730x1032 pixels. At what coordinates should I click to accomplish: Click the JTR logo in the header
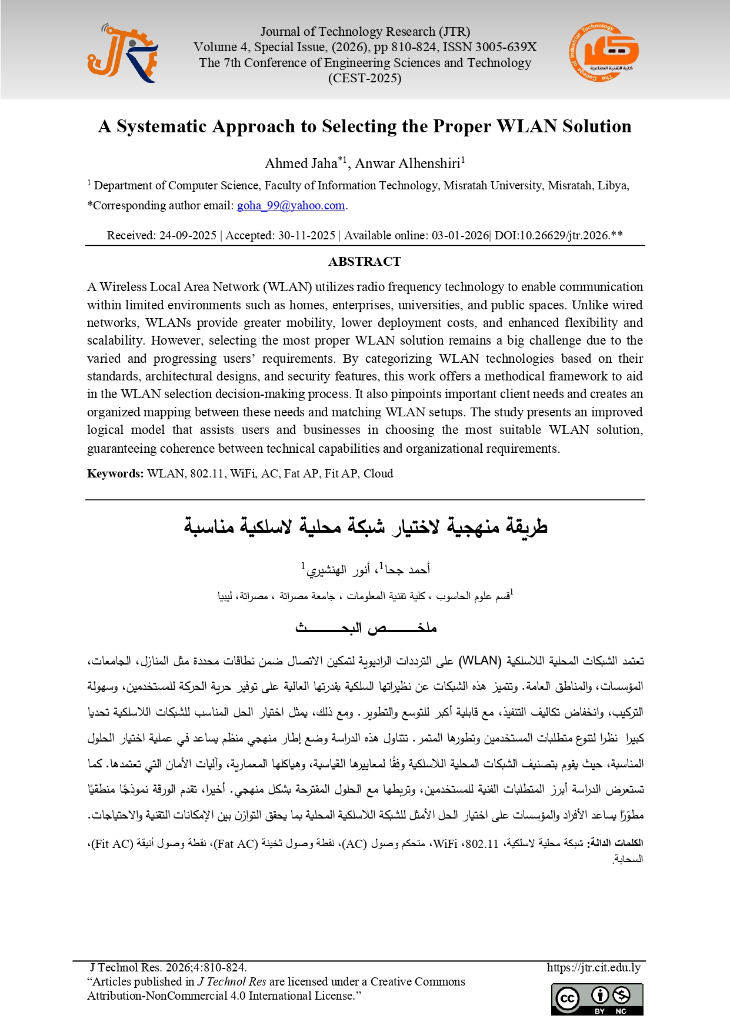[122, 54]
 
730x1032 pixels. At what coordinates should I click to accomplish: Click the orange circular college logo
[604, 53]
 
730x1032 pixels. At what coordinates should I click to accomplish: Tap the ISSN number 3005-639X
[505, 47]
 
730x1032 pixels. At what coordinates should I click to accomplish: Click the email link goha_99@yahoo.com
[291, 205]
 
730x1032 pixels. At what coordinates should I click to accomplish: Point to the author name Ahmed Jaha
[301, 163]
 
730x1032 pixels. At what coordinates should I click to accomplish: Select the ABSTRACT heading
[365, 261]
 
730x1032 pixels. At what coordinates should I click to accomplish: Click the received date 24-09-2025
[188, 235]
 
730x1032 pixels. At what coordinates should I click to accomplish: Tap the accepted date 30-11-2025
[306, 235]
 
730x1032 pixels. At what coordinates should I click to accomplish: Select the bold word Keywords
[115, 473]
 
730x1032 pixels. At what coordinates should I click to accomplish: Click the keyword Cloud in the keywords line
[378, 473]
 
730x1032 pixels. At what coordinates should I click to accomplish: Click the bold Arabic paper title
[365, 525]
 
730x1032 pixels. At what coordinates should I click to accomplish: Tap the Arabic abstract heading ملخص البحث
[365, 628]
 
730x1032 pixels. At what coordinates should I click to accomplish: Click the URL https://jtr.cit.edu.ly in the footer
[593, 967]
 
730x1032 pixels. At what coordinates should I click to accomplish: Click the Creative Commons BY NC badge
[597, 999]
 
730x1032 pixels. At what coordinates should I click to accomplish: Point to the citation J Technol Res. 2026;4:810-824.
[168, 967]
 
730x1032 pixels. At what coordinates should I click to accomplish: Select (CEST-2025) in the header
[365, 78]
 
